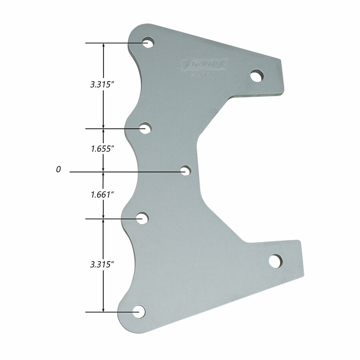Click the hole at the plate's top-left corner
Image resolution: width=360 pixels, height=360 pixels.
[148, 42]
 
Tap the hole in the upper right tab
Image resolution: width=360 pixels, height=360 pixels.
[257, 76]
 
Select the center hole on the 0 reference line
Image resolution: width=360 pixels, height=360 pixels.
[185, 171]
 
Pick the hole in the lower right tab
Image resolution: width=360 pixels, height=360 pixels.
[275, 261]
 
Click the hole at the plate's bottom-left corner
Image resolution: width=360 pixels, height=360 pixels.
[139, 312]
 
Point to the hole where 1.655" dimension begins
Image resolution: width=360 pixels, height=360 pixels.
[145, 128]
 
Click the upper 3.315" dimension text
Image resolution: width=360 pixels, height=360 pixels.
[102, 85]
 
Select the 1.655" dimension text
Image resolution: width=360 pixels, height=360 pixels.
[102, 148]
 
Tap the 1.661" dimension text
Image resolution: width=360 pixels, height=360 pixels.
[102, 195]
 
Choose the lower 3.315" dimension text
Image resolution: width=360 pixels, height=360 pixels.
[102, 264]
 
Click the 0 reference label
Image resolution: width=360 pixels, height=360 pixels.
[58, 170]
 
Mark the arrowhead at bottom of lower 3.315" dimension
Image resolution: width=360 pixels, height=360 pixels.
[104, 309]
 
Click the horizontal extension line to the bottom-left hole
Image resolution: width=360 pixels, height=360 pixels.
[112, 312]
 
